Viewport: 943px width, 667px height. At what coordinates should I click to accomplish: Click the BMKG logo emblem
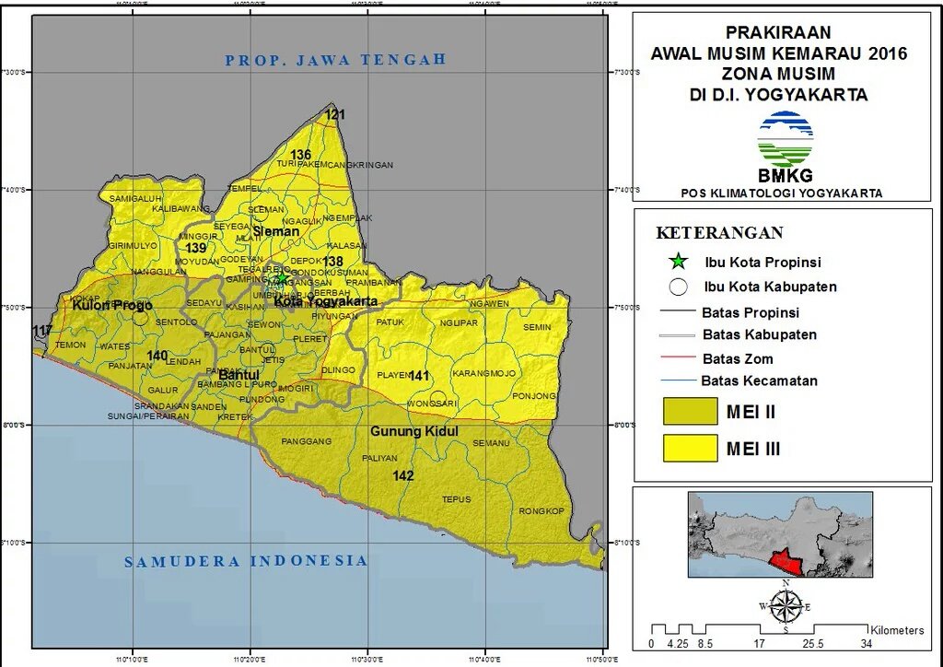point(785,139)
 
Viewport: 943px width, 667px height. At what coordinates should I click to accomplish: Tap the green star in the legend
point(679,262)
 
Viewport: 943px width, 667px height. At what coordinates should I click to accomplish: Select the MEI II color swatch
point(690,412)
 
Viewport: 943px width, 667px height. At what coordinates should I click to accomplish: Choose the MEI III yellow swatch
point(690,449)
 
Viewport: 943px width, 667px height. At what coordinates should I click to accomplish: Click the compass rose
point(785,606)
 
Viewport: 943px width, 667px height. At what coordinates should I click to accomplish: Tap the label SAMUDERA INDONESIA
point(246,561)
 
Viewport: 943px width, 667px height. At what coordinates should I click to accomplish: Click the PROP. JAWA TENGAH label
point(335,60)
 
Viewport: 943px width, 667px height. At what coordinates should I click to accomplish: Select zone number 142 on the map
point(402,476)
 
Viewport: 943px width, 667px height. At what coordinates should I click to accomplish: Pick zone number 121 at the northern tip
point(334,115)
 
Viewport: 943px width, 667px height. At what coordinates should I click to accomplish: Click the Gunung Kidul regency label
point(413,431)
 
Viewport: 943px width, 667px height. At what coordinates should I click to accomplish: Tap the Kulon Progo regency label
point(112,305)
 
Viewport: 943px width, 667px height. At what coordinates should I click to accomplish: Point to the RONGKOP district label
point(541,511)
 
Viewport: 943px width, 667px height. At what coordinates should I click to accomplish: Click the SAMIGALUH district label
point(135,198)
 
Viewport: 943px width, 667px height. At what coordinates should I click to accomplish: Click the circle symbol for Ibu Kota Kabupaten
point(679,287)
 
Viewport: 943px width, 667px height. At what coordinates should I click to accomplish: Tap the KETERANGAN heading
point(719,232)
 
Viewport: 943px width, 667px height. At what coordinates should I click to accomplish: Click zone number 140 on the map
point(157,356)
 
